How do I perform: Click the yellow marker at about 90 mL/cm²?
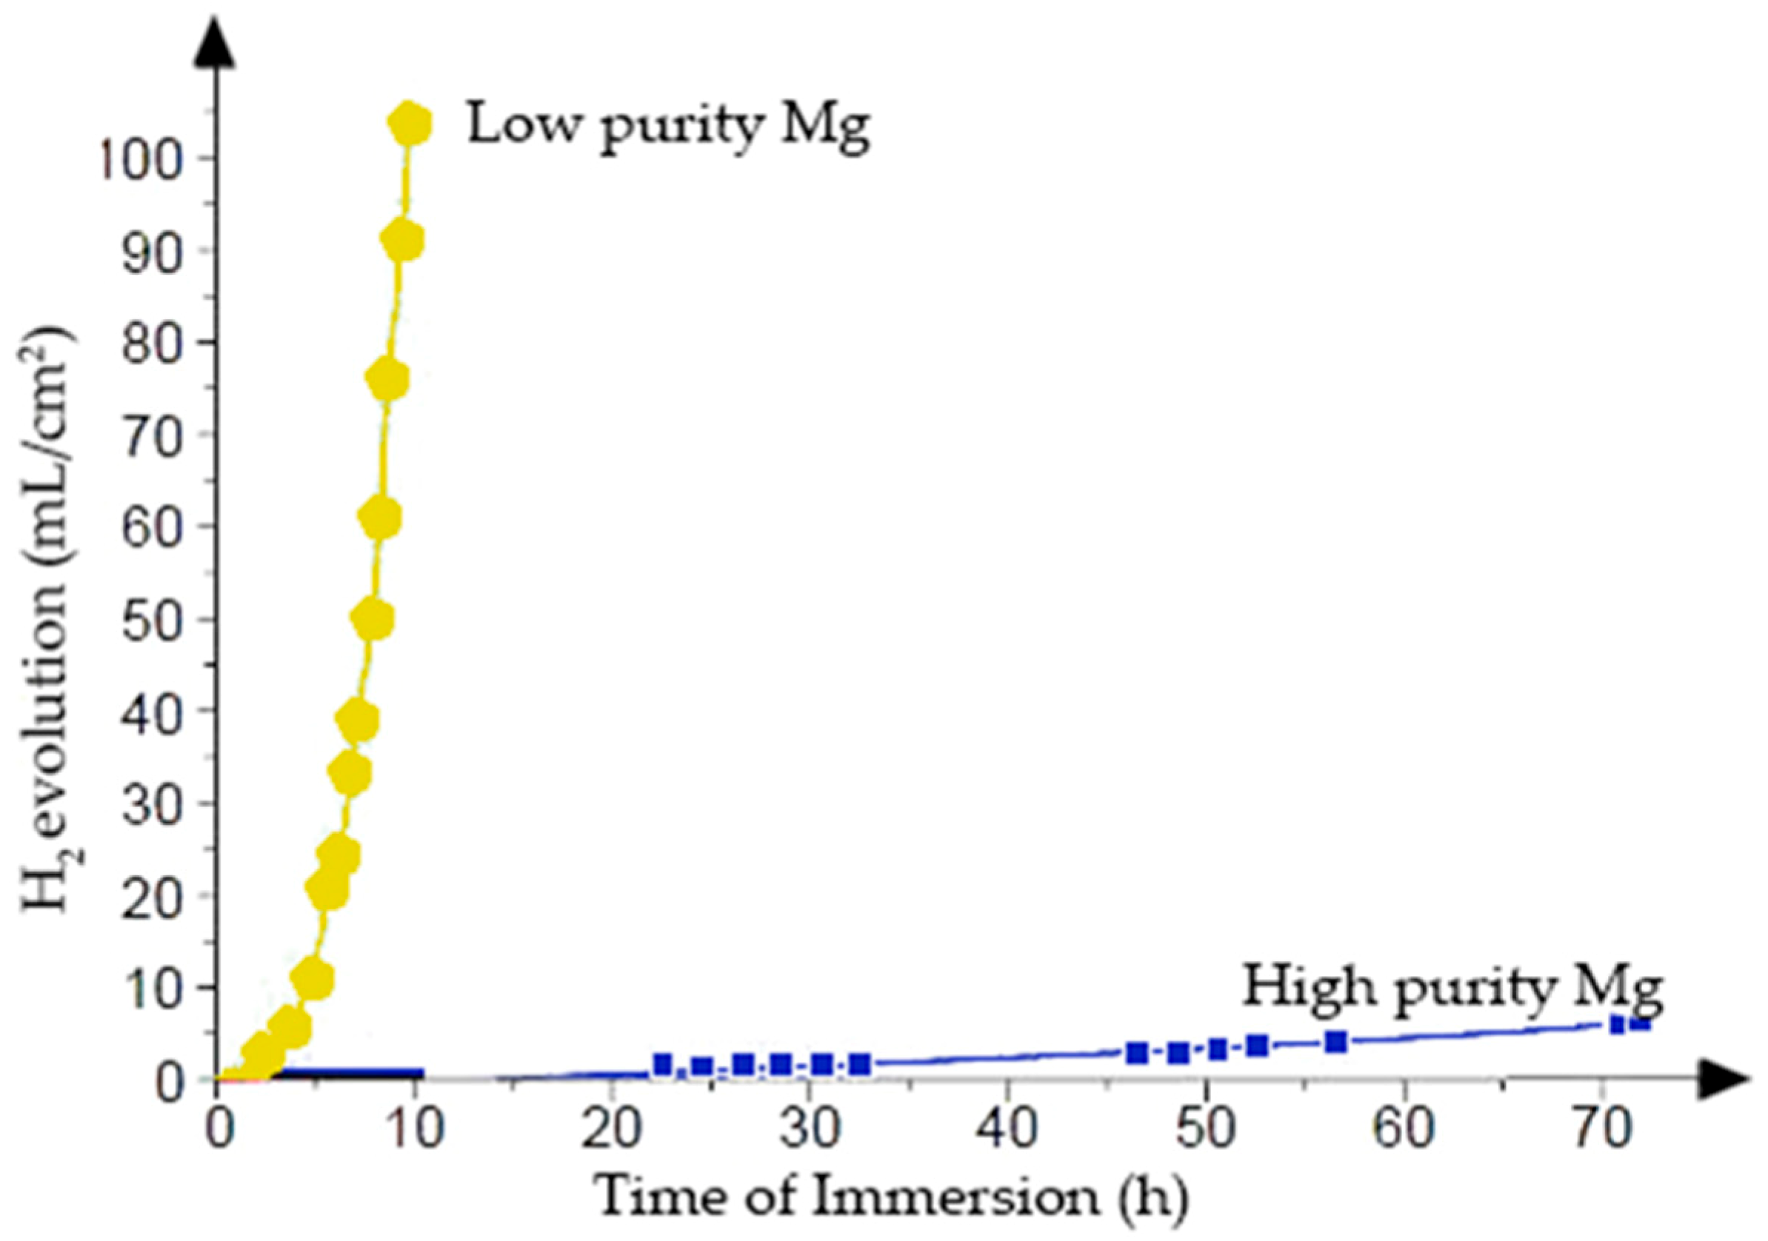tap(402, 241)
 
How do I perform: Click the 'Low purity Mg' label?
tap(668, 127)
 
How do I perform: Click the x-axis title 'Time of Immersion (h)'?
tap(893, 1200)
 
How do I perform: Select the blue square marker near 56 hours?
tap(1336, 1043)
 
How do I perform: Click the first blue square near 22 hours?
tap(663, 1065)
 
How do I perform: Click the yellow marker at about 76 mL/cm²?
tap(387, 380)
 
